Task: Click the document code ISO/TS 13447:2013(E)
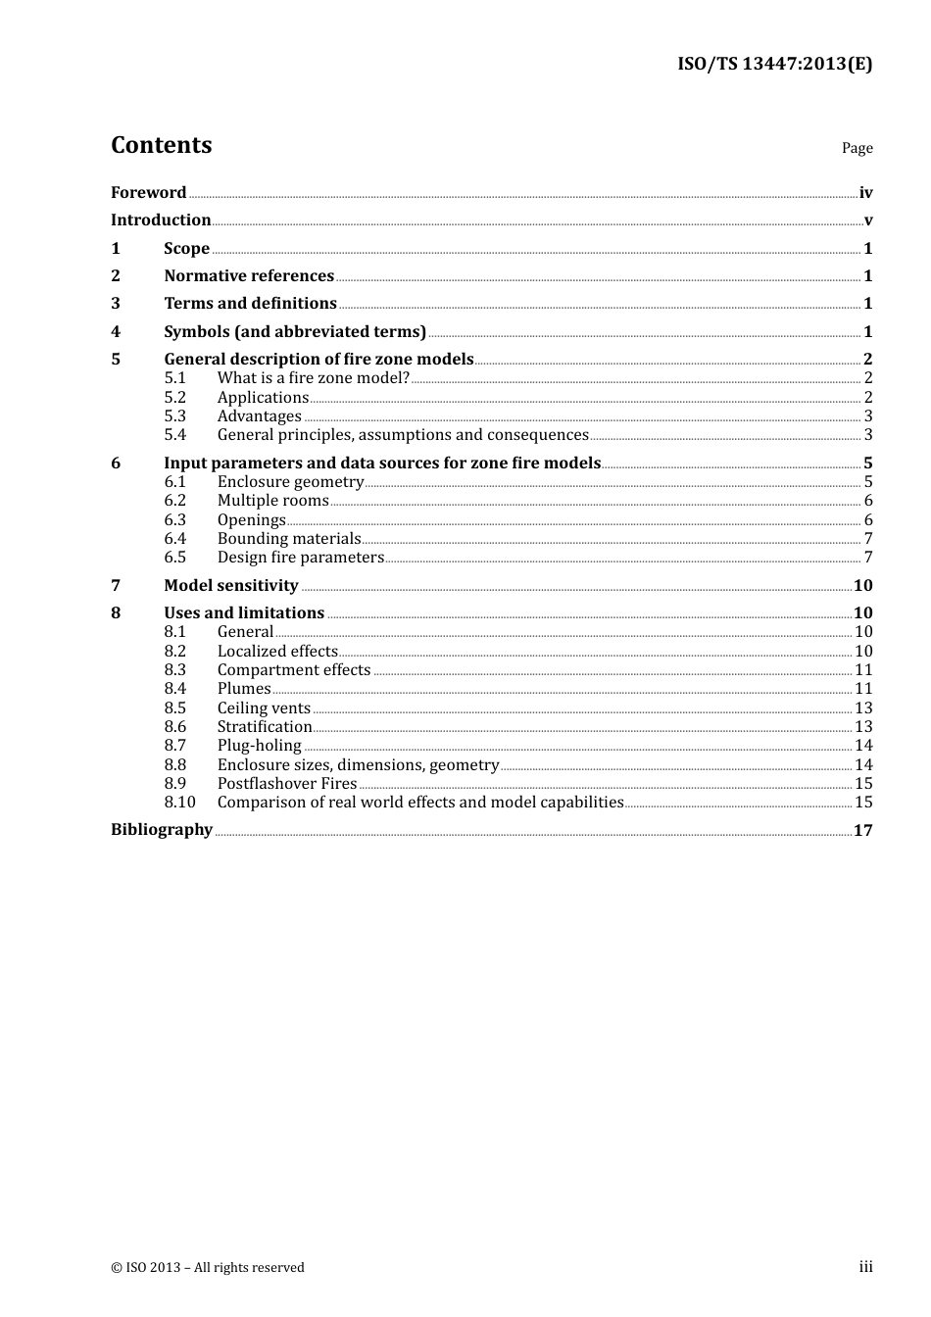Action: point(774,65)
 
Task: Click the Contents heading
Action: point(161,145)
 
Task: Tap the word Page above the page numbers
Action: point(857,148)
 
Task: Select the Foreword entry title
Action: point(148,193)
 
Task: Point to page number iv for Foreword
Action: point(865,193)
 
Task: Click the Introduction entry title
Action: point(161,220)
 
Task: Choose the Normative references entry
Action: point(249,276)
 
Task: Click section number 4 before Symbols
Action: point(116,332)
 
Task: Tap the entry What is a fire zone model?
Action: point(313,378)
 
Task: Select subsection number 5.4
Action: point(174,435)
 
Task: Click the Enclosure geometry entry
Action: point(290,482)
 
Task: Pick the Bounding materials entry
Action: point(289,539)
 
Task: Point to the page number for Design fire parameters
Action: point(867,558)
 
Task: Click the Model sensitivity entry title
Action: point(230,586)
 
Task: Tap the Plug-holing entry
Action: point(259,746)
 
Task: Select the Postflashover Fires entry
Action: point(287,784)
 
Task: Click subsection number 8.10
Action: point(179,803)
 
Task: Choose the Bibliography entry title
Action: point(162,830)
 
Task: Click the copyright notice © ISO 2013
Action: point(208,1268)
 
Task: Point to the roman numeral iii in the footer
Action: point(865,1267)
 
